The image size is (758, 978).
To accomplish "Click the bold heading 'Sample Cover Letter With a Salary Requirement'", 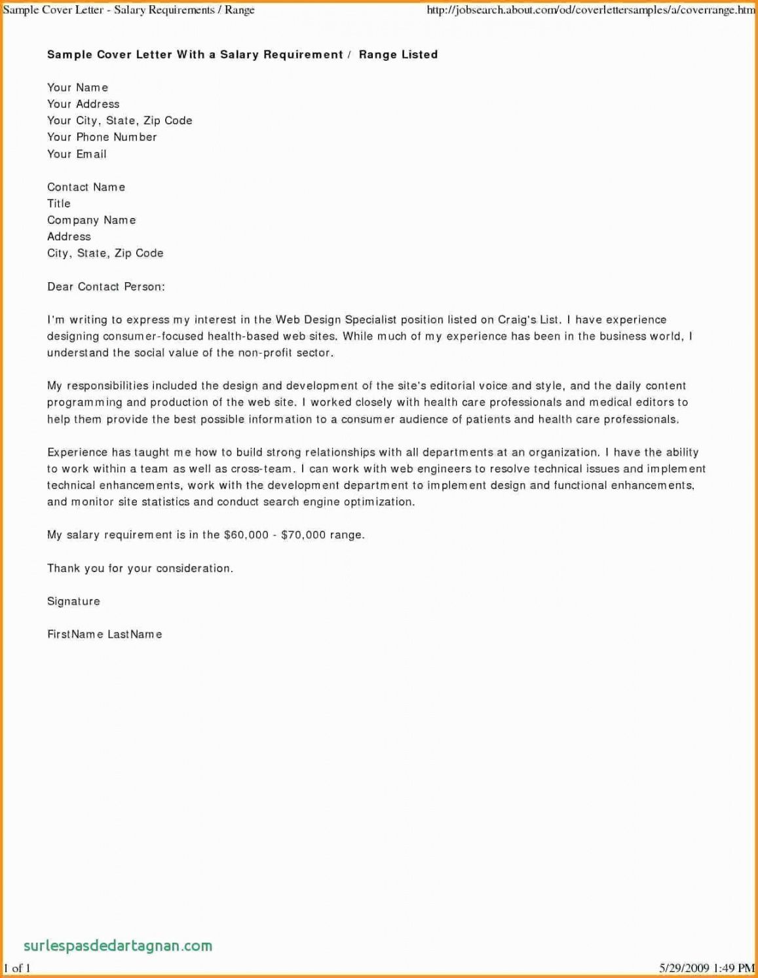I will (x=195, y=55).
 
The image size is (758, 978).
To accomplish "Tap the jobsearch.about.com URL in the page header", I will (x=590, y=10).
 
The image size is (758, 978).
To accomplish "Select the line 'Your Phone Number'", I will (x=102, y=137).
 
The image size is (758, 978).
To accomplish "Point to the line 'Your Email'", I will (x=77, y=154).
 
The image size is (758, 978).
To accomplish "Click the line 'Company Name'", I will (x=91, y=220).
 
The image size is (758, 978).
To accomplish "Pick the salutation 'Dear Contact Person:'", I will (x=105, y=287).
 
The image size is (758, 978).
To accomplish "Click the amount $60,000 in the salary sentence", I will (x=246, y=535).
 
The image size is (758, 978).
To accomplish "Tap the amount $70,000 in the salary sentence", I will (x=303, y=535).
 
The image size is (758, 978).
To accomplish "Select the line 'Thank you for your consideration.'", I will (x=140, y=568).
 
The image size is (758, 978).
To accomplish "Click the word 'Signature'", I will (x=73, y=601).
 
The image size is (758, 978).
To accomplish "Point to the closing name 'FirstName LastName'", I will (x=104, y=634).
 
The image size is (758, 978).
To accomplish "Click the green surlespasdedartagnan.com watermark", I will (x=118, y=945).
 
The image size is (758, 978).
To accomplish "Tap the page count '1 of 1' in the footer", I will (x=17, y=968).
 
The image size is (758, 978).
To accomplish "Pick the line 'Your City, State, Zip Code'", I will (x=119, y=120).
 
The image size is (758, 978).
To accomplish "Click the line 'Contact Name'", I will (x=86, y=187).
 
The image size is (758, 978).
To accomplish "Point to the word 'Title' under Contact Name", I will (x=58, y=204).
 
